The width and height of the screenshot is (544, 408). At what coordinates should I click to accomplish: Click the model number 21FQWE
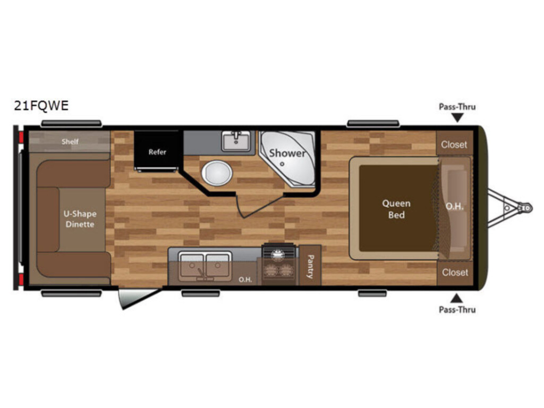[41, 106]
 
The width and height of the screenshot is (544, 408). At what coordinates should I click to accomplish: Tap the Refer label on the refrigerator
[157, 152]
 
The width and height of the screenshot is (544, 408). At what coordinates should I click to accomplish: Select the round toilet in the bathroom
[217, 173]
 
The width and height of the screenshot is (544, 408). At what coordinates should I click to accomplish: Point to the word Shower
[287, 153]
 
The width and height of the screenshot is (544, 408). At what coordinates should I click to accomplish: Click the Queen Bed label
[396, 209]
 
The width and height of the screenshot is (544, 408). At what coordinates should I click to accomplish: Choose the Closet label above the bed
[454, 144]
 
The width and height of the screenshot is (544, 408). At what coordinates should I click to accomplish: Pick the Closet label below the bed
[455, 273]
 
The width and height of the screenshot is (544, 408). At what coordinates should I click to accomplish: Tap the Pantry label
[310, 267]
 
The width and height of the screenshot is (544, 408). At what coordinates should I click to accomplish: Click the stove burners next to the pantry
[278, 265]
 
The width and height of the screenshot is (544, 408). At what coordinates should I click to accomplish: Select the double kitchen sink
[205, 266]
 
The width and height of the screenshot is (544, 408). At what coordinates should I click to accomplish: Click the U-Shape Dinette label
[80, 219]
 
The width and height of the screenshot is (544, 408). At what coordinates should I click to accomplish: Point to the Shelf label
[70, 141]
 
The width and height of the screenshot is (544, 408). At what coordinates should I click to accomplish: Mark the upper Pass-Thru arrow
[457, 118]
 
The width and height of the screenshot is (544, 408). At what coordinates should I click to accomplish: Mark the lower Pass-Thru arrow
[456, 299]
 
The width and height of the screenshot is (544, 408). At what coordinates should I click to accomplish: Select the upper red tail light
[21, 138]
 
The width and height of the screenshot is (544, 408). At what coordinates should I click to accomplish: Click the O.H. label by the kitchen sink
[245, 279]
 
